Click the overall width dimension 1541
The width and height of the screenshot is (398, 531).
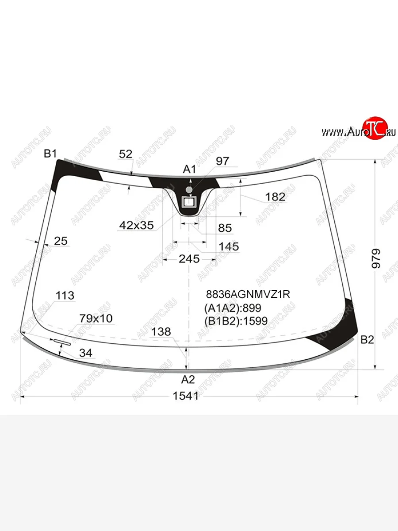(x=186, y=396)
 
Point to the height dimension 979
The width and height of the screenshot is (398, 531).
(x=376, y=258)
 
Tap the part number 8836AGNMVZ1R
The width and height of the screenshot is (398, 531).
(x=248, y=294)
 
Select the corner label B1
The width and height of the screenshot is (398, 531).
(x=50, y=154)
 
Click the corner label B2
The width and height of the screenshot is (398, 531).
(x=367, y=340)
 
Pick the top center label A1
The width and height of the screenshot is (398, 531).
(x=189, y=169)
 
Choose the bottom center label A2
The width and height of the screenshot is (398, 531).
(x=188, y=380)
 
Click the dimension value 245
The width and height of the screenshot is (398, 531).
(x=189, y=259)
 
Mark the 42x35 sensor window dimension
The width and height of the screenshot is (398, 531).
(x=137, y=226)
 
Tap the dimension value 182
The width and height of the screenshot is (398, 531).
(x=275, y=197)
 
